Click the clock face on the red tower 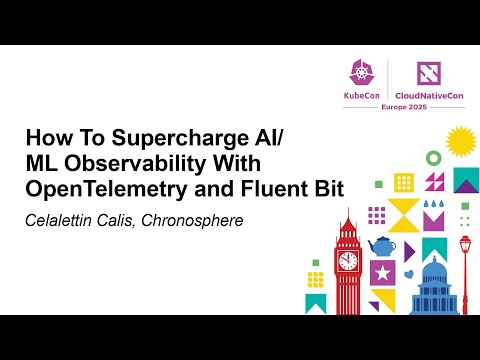[x=347, y=260]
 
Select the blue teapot [x=381, y=246]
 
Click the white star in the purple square [x=381, y=272]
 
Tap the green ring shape [x=434, y=157]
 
